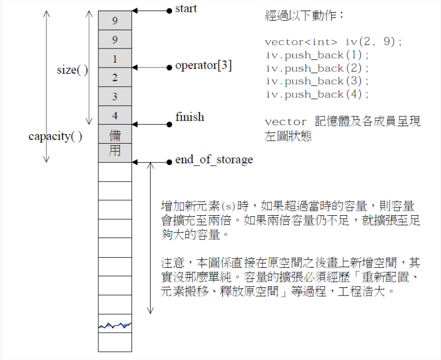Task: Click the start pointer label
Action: click(186, 9)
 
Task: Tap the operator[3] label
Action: click(204, 66)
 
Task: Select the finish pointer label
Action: click(190, 117)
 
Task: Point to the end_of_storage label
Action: click(214, 160)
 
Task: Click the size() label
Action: click(72, 70)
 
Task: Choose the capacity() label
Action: click(55, 136)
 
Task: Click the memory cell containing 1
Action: click(115, 59)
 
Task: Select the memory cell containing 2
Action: click(115, 78)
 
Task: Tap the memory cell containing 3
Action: click(115, 97)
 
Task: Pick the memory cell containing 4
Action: click(115, 115)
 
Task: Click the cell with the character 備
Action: click(115, 135)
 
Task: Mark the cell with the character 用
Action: click(115, 151)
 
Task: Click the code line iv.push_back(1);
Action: click(318, 55)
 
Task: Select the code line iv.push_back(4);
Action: click(318, 94)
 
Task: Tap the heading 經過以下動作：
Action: click(304, 16)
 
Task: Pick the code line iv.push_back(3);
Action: click(318, 81)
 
